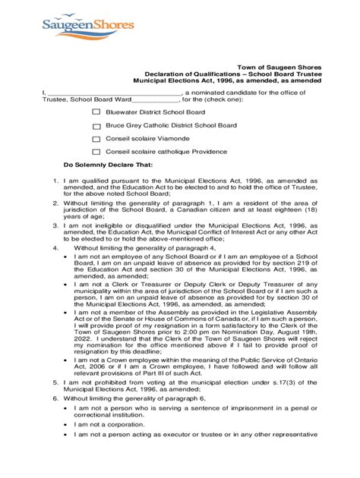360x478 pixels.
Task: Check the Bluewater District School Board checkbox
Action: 96,112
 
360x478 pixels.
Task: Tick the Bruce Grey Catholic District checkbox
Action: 96,126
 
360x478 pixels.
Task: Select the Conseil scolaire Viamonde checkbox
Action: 96,140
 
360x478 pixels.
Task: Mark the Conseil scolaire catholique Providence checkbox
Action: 96,154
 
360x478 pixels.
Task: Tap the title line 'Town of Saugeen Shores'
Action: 281,67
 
